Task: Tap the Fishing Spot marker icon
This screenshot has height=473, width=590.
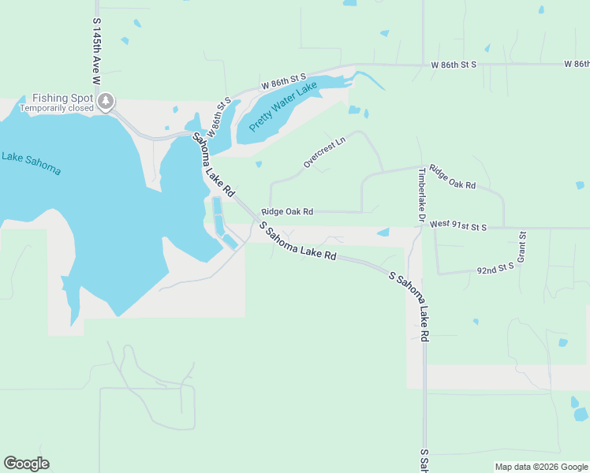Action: click(106, 101)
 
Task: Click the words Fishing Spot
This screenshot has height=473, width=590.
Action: click(63, 98)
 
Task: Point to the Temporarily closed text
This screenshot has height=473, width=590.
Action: click(56, 108)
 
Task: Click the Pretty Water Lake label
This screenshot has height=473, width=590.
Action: click(282, 106)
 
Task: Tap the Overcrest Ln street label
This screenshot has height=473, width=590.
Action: click(325, 153)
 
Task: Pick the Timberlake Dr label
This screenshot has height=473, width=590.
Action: click(422, 194)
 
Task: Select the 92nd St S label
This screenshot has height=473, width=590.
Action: click(495, 268)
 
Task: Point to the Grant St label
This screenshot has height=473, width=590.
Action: click(522, 248)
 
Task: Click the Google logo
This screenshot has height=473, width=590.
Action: click(26, 464)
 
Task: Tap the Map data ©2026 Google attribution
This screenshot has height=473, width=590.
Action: click(541, 467)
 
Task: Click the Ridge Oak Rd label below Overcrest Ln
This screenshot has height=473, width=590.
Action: click(287, 211)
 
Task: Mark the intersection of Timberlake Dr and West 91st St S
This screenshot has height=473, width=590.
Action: click(420, 228)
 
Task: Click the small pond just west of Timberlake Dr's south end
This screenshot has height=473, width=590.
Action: click(383, 233)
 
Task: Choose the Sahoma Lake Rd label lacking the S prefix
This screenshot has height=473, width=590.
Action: click(214, 164)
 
